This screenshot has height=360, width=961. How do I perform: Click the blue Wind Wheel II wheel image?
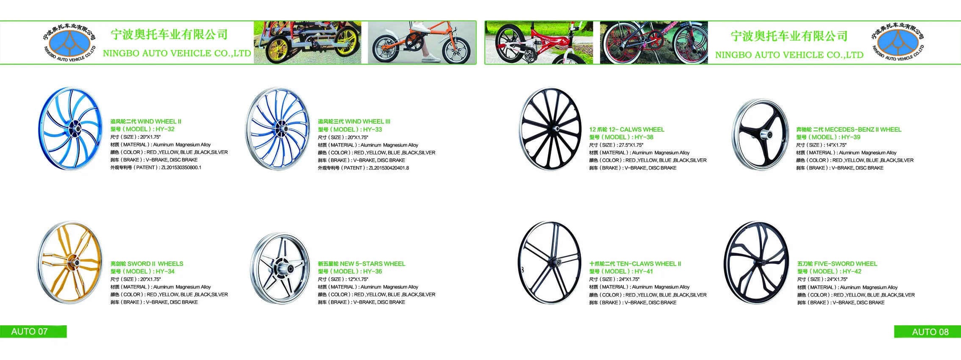71,128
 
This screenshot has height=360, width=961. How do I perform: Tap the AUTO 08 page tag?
930,332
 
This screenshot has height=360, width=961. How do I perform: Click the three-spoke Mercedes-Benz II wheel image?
761,135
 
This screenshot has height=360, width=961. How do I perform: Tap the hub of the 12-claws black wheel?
557,129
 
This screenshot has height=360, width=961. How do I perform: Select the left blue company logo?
69,43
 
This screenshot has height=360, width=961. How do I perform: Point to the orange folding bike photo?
422,43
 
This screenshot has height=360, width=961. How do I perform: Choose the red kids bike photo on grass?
539,43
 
